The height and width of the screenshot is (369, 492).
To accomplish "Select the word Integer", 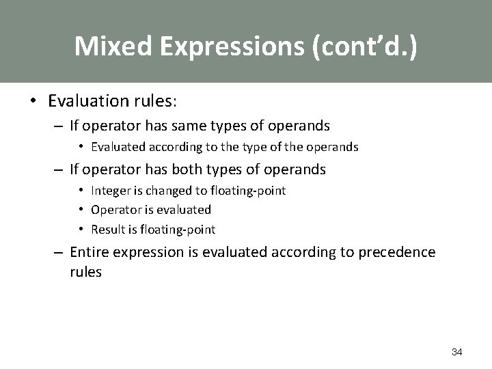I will point(111,191).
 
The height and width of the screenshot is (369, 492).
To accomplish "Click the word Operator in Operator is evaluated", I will point(115,210).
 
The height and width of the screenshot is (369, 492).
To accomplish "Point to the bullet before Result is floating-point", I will point(81,229).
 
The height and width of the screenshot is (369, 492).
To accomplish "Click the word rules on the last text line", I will point(85,272).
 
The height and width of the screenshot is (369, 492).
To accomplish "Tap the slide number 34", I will point(456,352).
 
